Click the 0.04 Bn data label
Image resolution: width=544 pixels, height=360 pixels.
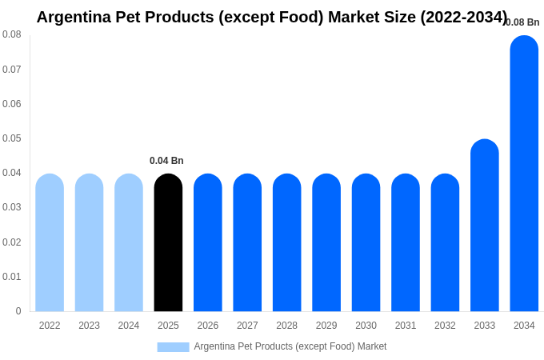[166, 161]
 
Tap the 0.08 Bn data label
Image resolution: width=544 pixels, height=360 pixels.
[522, 22]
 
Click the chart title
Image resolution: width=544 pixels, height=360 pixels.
[272, 17]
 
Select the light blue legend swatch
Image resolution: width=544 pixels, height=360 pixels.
[173, 347]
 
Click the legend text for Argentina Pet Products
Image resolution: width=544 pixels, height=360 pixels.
[290, 346]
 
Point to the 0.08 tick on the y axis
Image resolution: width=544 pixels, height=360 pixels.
[12, 34]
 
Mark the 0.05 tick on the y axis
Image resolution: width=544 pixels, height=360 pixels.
[12, 138]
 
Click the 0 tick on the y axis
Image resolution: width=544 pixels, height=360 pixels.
[18, 311]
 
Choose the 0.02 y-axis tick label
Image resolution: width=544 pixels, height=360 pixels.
[12, 242]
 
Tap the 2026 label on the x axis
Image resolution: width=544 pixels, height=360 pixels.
[208, 326]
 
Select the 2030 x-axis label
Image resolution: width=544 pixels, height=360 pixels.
[366, 326]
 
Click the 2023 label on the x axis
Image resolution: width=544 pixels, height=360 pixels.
[89, 326]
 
